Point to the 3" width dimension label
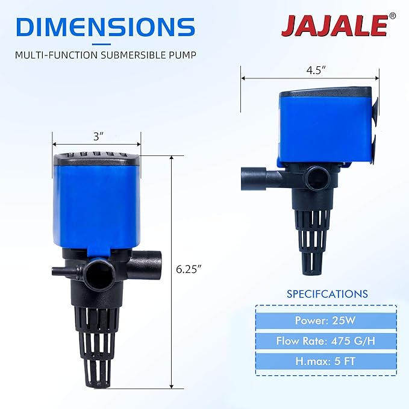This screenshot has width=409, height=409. click(x=97, y=136)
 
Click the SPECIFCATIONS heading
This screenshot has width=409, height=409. click(x=326, y=294)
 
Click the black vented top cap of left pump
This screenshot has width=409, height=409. click(x=96, y=160)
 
